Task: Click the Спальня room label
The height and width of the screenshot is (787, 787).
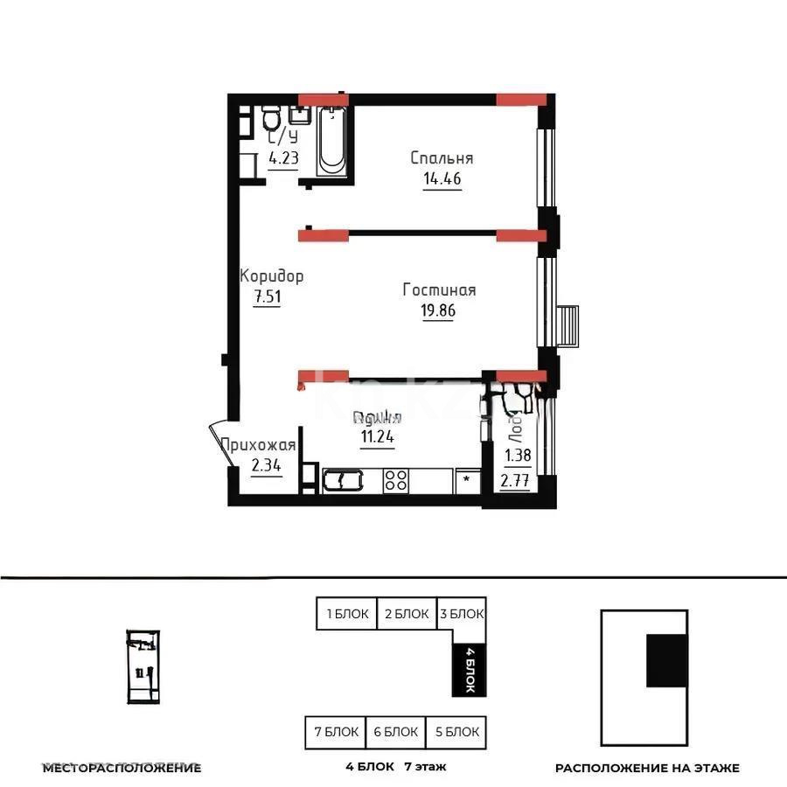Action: click(442, 158)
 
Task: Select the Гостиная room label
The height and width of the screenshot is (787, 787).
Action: click(439, 289)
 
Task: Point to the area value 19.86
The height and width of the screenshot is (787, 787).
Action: click(439, 310)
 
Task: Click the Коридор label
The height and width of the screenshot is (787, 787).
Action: click(272, 276)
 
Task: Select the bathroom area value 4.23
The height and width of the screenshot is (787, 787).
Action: click(282, 158)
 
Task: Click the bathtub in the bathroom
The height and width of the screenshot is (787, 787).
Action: click(332, 140)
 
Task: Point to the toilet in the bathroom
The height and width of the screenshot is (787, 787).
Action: click(271, 118)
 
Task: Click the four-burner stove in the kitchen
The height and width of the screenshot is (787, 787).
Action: click(396, 479)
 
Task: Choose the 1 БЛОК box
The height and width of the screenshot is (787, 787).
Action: click(346, 614)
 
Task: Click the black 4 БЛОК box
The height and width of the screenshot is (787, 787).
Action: click(469, 670)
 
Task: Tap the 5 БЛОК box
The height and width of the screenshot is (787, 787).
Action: click(456, 732)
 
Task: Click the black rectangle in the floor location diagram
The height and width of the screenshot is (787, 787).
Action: click(666, 660)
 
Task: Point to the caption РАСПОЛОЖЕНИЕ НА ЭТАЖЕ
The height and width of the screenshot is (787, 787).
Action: click(647, 768)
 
